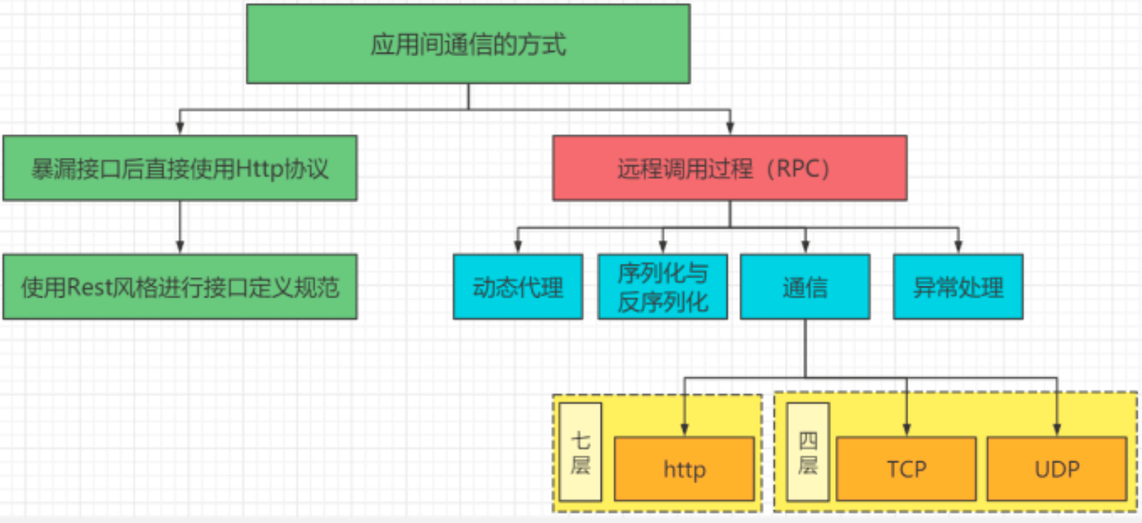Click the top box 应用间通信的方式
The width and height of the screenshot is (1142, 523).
pos(468,44)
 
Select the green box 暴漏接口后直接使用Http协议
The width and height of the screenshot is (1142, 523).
pos(180,168)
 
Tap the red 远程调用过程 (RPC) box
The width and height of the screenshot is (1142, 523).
pos(729,168)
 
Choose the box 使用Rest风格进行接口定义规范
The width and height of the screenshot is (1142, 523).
pos(180,287)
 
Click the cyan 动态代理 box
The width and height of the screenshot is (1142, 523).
pos(518,287)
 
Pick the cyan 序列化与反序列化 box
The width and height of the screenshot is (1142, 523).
pos(663,287)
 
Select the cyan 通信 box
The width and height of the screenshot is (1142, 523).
pos(805,287)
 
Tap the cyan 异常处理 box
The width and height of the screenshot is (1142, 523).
pos(958,287)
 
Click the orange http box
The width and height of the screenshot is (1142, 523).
pos(684,469)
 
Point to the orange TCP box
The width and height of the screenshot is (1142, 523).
pos(906,469)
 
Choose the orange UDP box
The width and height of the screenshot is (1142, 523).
pos(1057,469)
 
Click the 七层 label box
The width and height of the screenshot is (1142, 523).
pos(580,453)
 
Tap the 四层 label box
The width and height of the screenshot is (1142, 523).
pos(808,453)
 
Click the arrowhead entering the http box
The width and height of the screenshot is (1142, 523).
pos(685,430)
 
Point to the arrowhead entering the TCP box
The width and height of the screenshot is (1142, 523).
pos(907,430)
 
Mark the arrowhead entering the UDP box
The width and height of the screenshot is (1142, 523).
pos(1057,430)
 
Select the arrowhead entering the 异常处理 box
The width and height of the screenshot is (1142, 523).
pos(959,247)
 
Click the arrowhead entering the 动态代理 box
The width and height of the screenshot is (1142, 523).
pos(518,247)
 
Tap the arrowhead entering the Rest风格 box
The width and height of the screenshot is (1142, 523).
pos(180,247)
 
